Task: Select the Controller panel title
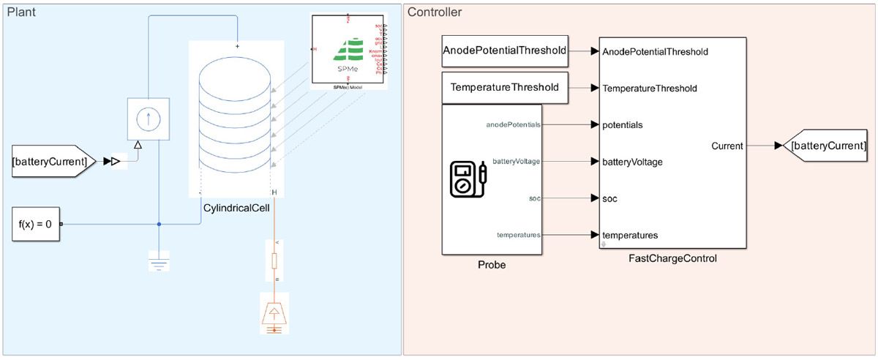pos(435,12)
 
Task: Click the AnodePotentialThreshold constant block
pos(505,50)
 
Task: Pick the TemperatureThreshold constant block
pos(505,87)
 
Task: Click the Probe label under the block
pos(491,265)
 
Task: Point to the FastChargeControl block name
pos(672,258)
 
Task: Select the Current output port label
pos(727,146)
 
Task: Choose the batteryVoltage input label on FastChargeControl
pos(632,162)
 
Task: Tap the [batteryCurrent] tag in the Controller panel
pos(825,146)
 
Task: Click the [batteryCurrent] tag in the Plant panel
pos(50,161)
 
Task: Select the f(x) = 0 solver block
pos(35,224)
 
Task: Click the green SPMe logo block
pos(348,48)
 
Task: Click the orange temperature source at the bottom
pos(274,312)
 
